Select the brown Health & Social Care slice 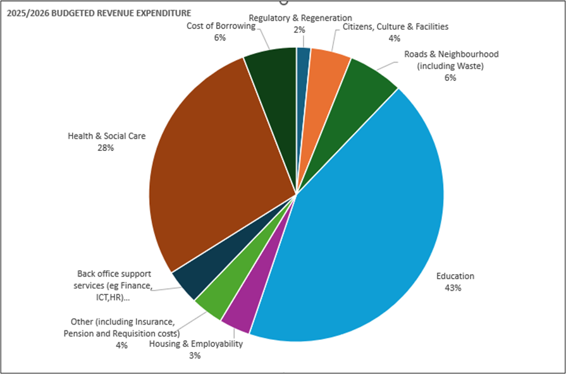coord(215,164)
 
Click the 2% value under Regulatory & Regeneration coord(299,29)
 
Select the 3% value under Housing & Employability coord(195,355)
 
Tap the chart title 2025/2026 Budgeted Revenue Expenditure coord(99,13)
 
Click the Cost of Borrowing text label coord(220,26)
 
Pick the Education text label coord(455,276)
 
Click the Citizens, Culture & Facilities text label coord(395,27)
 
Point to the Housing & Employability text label coord(195,344)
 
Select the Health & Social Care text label coord(106,135)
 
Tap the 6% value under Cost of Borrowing coord(220,37)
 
